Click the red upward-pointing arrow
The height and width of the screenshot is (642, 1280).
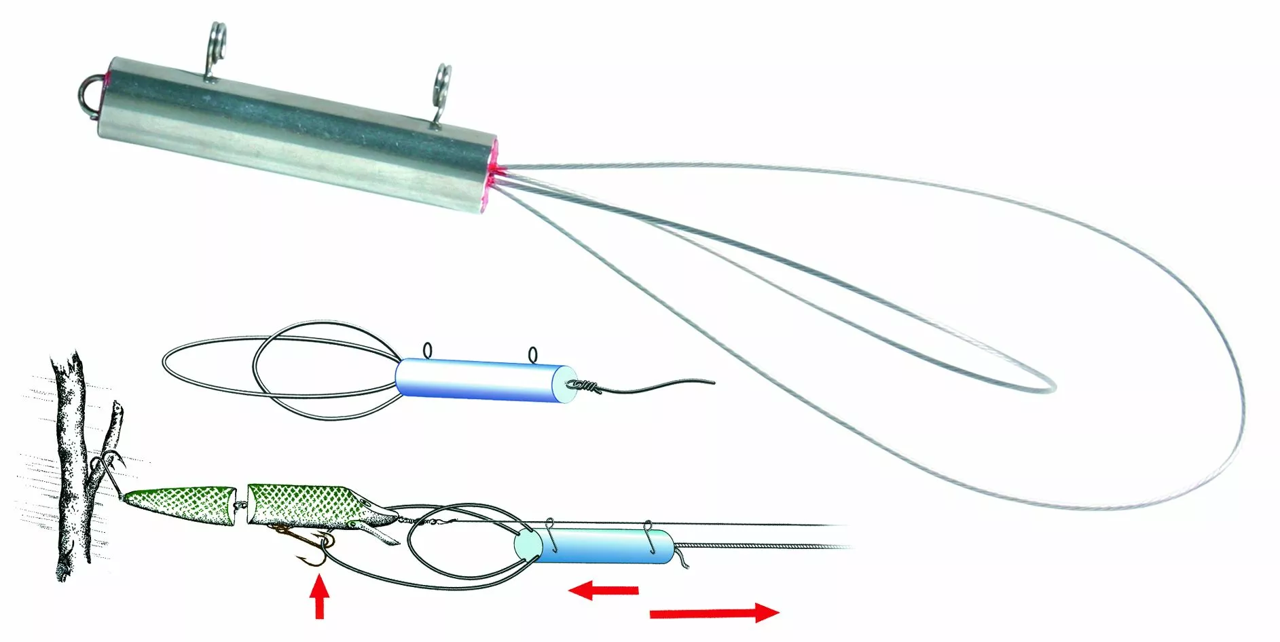pos(319,597)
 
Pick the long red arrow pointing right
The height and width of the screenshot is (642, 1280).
pos(713,613)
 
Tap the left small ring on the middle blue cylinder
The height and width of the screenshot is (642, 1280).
pos(427,350)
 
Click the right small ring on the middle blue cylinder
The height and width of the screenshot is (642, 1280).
pos(532,354)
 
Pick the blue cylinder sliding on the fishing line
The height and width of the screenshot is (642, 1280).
pos(598,546)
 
